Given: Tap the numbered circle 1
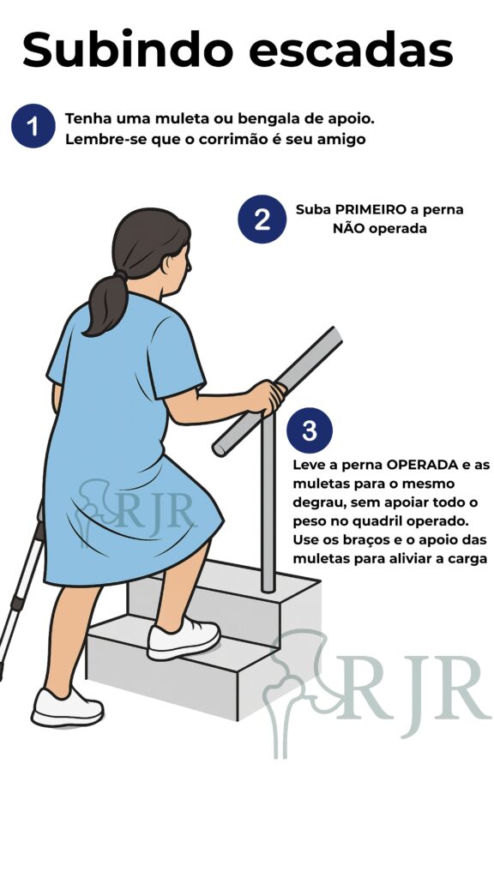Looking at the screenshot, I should [x=33, y=127].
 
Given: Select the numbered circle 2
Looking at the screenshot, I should [x=262, y=219].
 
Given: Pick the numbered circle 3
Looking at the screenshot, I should [x=309, y=430].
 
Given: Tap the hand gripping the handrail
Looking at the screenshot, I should [x=267, y=397].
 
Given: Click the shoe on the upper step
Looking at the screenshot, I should [x=183, y=639].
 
